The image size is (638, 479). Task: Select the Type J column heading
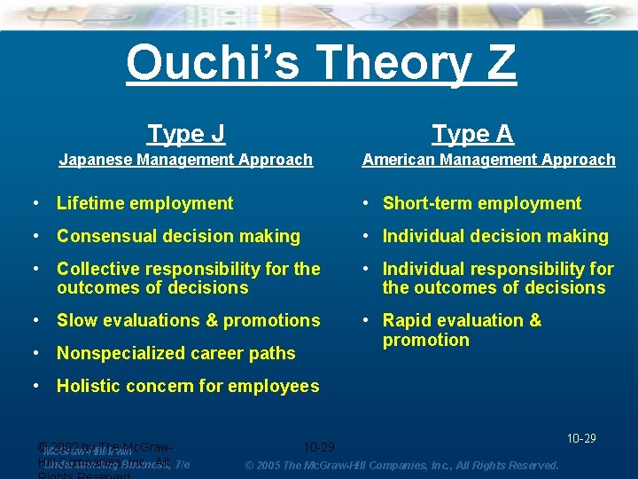(x=186, y=134)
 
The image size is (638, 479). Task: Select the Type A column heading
(x=472, y=134)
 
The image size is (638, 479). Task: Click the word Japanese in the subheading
(x=94, y=160)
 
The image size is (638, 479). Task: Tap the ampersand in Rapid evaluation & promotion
(x=534, y=320)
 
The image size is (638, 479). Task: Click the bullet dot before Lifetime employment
(x=35, y=203)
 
